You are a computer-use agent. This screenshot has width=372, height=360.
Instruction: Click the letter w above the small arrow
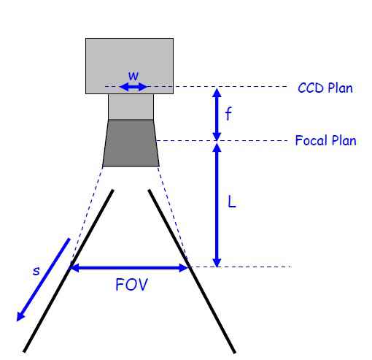tap(133, 76)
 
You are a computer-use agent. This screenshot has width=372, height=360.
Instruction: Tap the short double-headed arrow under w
tap(133, 87)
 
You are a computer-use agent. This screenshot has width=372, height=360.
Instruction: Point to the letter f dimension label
tap(228, 114)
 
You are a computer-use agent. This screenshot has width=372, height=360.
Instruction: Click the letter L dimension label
tap(232, 202)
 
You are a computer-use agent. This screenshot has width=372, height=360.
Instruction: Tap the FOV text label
tap(131, 285)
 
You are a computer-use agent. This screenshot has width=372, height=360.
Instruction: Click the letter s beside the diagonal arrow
tap(36, 271)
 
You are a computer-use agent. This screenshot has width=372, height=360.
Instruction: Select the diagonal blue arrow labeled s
tap(43, 280)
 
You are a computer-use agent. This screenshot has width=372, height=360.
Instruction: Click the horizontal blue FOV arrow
tap(129, 268)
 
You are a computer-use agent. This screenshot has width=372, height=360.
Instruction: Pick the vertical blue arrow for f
tap(217, 114)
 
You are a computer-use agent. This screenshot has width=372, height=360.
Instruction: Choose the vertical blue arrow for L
tap(217, 205)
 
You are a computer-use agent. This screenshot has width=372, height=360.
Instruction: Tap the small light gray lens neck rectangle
tap(131, 107)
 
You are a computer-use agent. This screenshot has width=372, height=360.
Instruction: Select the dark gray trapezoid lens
tap(131, 143)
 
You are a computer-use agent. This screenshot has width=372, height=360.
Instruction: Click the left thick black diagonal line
tap(69, 271)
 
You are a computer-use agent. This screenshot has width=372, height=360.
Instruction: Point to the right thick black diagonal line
tap(192, 271)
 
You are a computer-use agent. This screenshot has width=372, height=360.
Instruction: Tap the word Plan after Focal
tap(344, 140)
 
